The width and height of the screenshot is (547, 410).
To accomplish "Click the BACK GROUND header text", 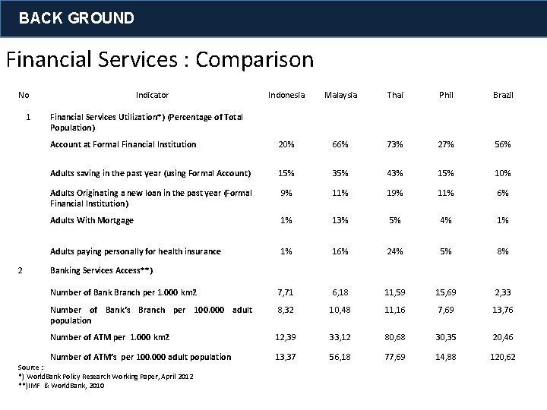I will tap(76, 17).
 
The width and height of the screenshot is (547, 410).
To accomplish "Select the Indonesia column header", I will tap(286, 95).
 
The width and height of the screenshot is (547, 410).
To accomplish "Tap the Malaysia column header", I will tap(341, 95).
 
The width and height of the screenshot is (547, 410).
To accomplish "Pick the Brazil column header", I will tap(503, 95).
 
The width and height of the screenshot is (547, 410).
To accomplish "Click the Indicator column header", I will tap(152, 95).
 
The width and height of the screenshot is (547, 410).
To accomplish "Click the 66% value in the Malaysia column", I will tap(341, 144).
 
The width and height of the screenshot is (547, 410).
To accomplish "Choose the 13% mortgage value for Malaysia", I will tap(341, 220).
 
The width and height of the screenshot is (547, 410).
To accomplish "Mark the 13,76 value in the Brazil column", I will tap(503, 310).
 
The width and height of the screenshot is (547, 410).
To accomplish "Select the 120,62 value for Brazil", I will tap(503, 357).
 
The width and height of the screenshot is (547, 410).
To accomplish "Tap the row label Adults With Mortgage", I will tap(92, 220).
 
